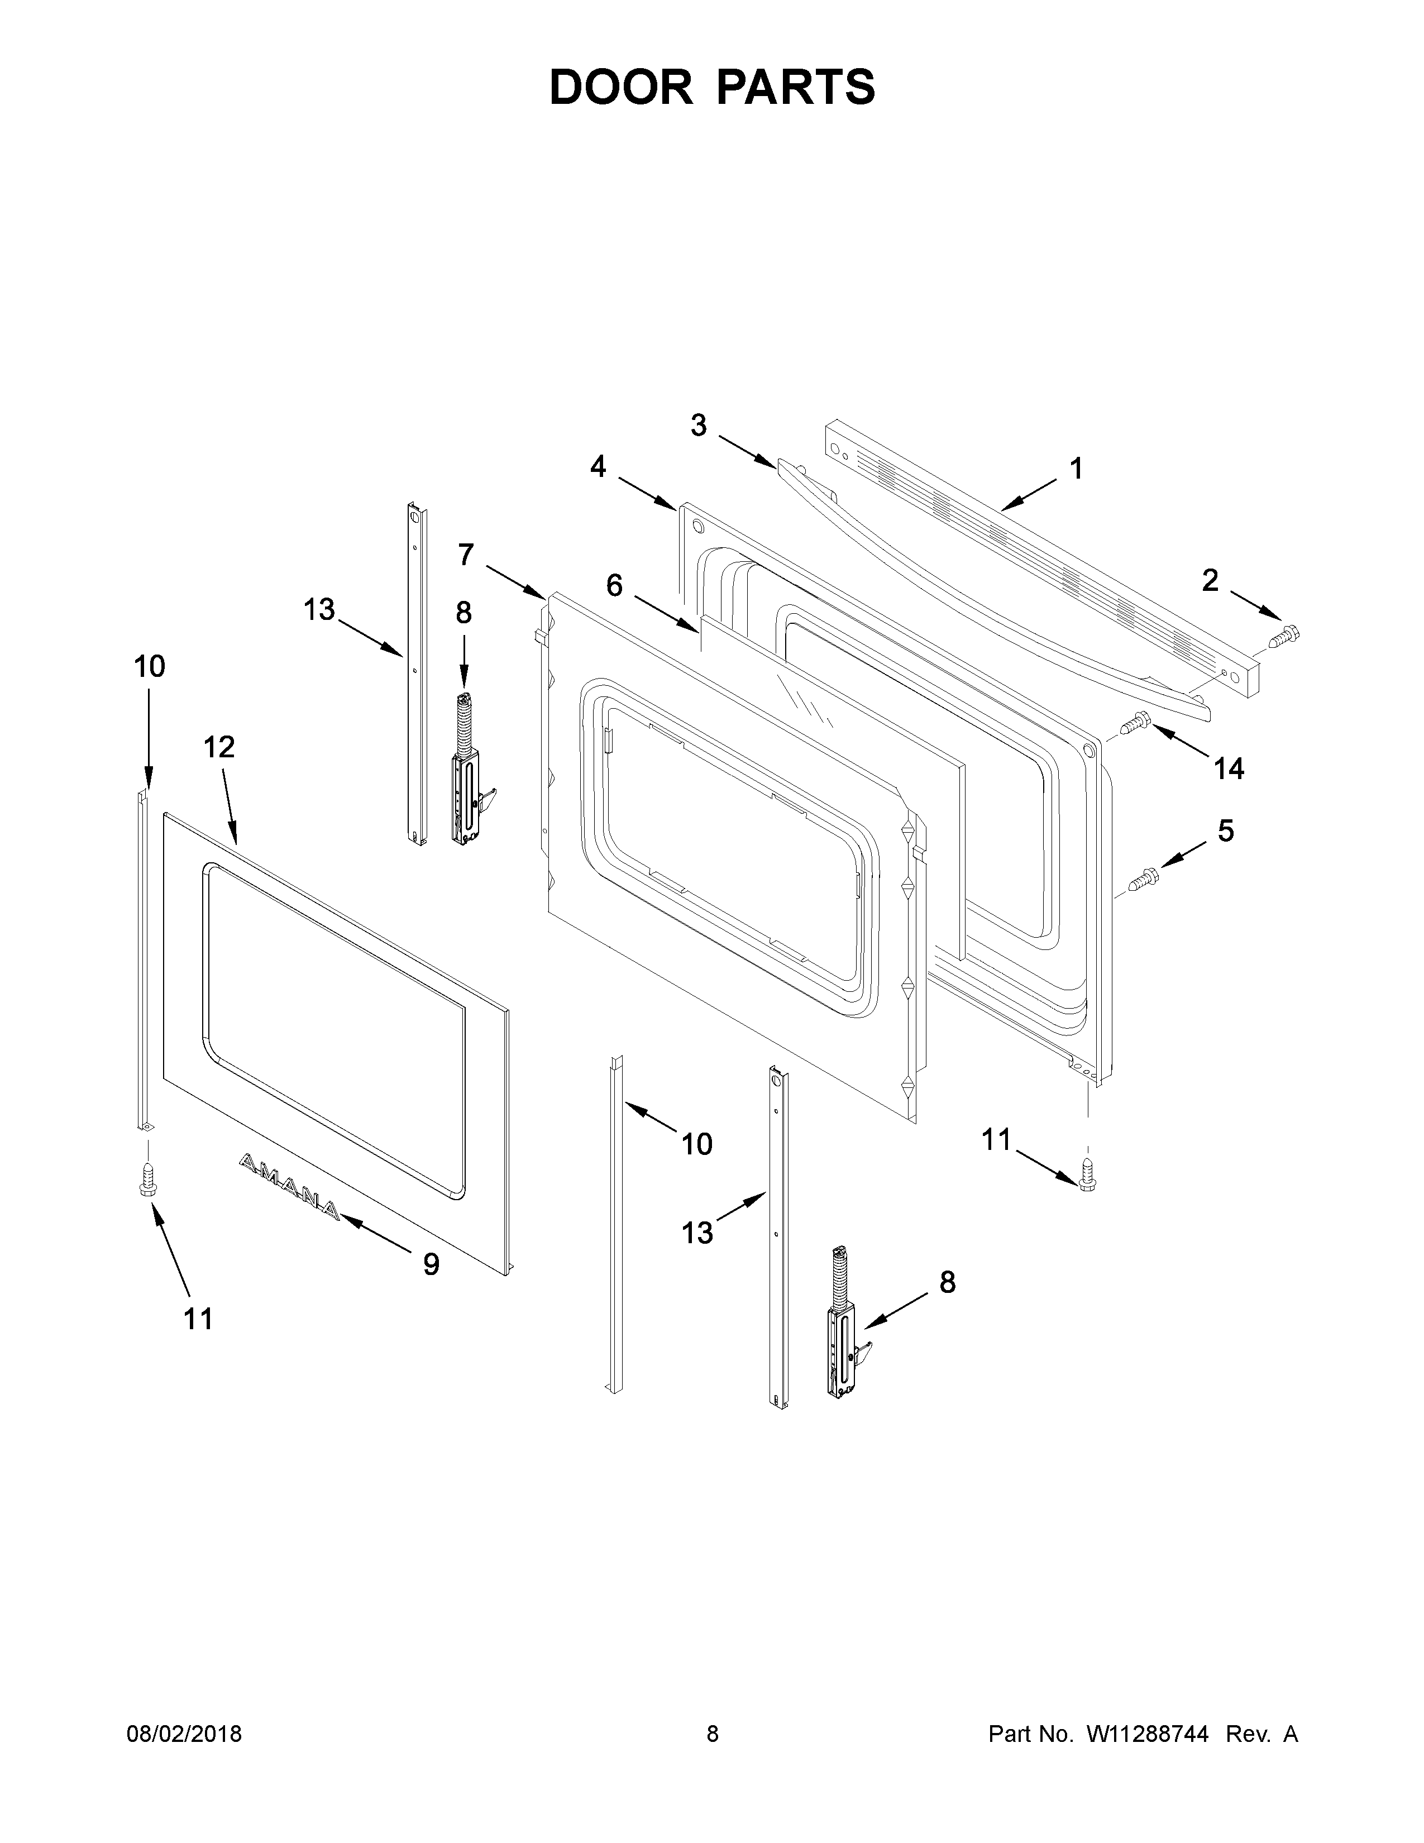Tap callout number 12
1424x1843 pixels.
[x=219, y=747]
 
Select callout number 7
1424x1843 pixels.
[x=466, y=555]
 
